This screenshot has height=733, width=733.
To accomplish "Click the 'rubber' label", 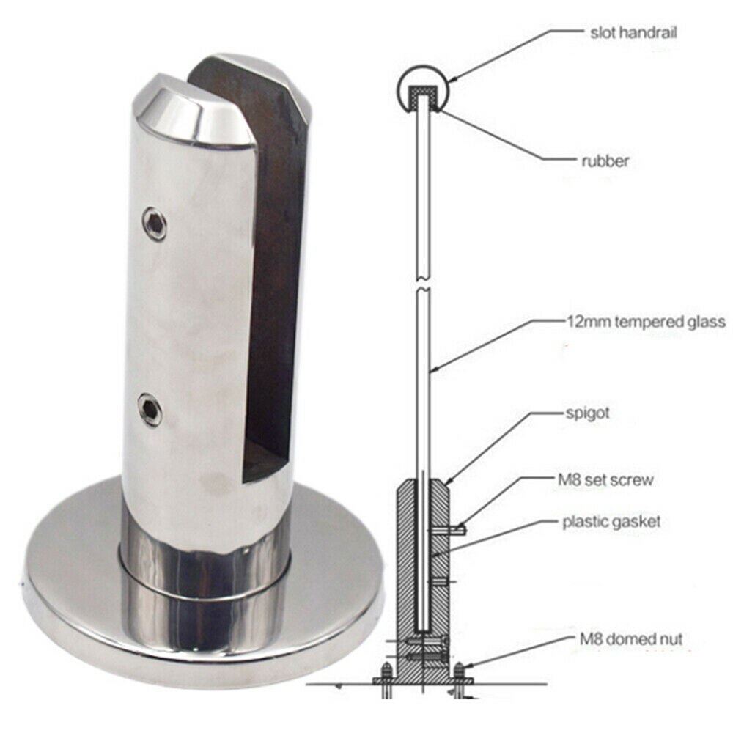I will tap(605, 161).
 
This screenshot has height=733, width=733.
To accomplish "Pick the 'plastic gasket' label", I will tap(611, 522).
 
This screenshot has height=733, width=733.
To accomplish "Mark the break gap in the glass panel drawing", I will tap(421, 283).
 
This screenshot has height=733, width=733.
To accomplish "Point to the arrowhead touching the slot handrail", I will tap(448, 81).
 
